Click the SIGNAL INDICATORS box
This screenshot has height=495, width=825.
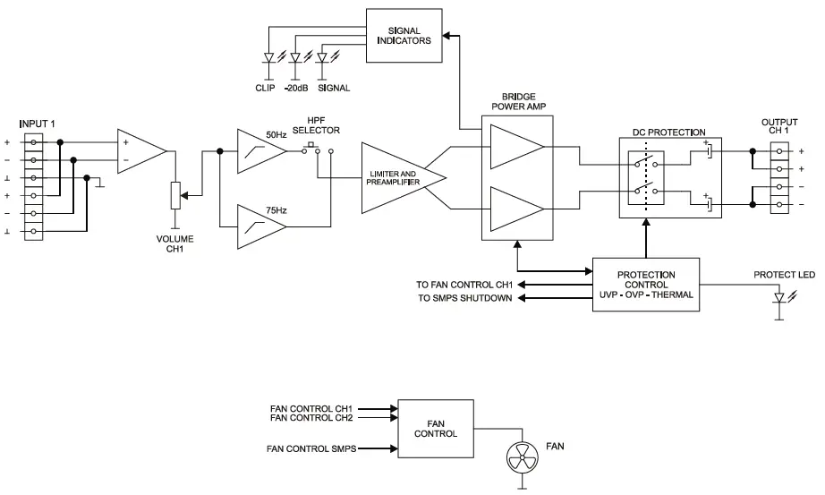pos(404,35)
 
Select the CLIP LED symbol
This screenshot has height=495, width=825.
pos(268,60)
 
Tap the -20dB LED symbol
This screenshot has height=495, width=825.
pos(294,60)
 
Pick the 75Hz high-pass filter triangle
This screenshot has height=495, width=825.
pos(259,228)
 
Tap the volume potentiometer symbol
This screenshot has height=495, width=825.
pos(175,192)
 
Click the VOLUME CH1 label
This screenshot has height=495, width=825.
pos(174,244)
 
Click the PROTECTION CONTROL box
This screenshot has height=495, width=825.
pos(646,285)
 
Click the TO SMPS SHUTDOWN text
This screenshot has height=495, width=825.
pos(465,299)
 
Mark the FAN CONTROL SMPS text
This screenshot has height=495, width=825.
pos(312,448)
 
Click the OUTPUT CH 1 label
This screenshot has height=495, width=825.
pos(778,127)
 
